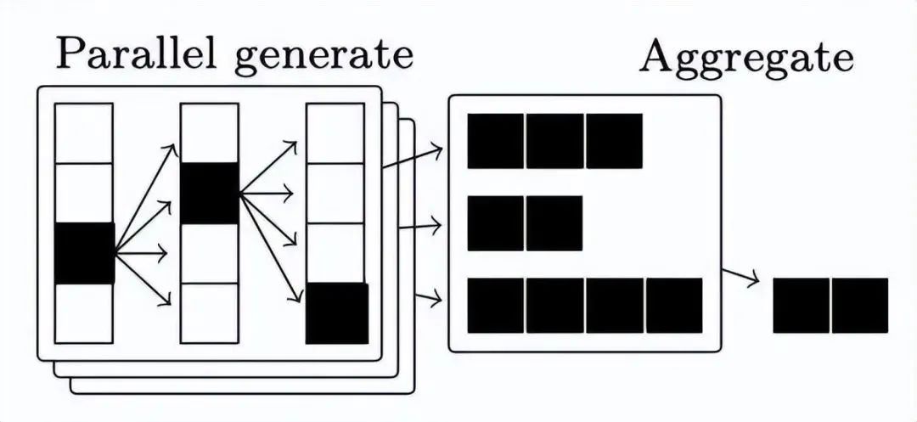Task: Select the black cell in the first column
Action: pyautogui.click(x=84, y=253)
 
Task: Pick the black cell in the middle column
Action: pyautogui.click(x=210, y=193)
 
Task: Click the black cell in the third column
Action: pyautogui.click(x=336, y=313)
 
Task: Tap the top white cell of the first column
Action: pyautogui.click(x=84, y=132)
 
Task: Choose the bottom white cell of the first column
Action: pyautogui.click(x=84, y=313)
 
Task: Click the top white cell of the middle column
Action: pyautogui.click(x=210, y=132)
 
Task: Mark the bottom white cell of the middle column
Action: pyautogui.click(x=210, y=312)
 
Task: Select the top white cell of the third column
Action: pyautogui.click(x=335, y=132)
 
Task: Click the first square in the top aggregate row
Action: pyautogui.click(x=495, y=141)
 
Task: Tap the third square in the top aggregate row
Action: pyautogui.click(x=614, y=141)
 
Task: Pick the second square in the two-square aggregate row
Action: pyautogui.click(x=554, y=223)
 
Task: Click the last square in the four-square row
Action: pyautogui.click(x=674, y=306)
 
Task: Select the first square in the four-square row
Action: pyautogui.click(x=495, y=306)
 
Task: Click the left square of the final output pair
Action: pyautogui.click(x=801, y=306)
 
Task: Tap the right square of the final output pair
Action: pyautogui.click(x=860, y=306)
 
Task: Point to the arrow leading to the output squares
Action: pyautogui.click(x=740, y=277)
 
